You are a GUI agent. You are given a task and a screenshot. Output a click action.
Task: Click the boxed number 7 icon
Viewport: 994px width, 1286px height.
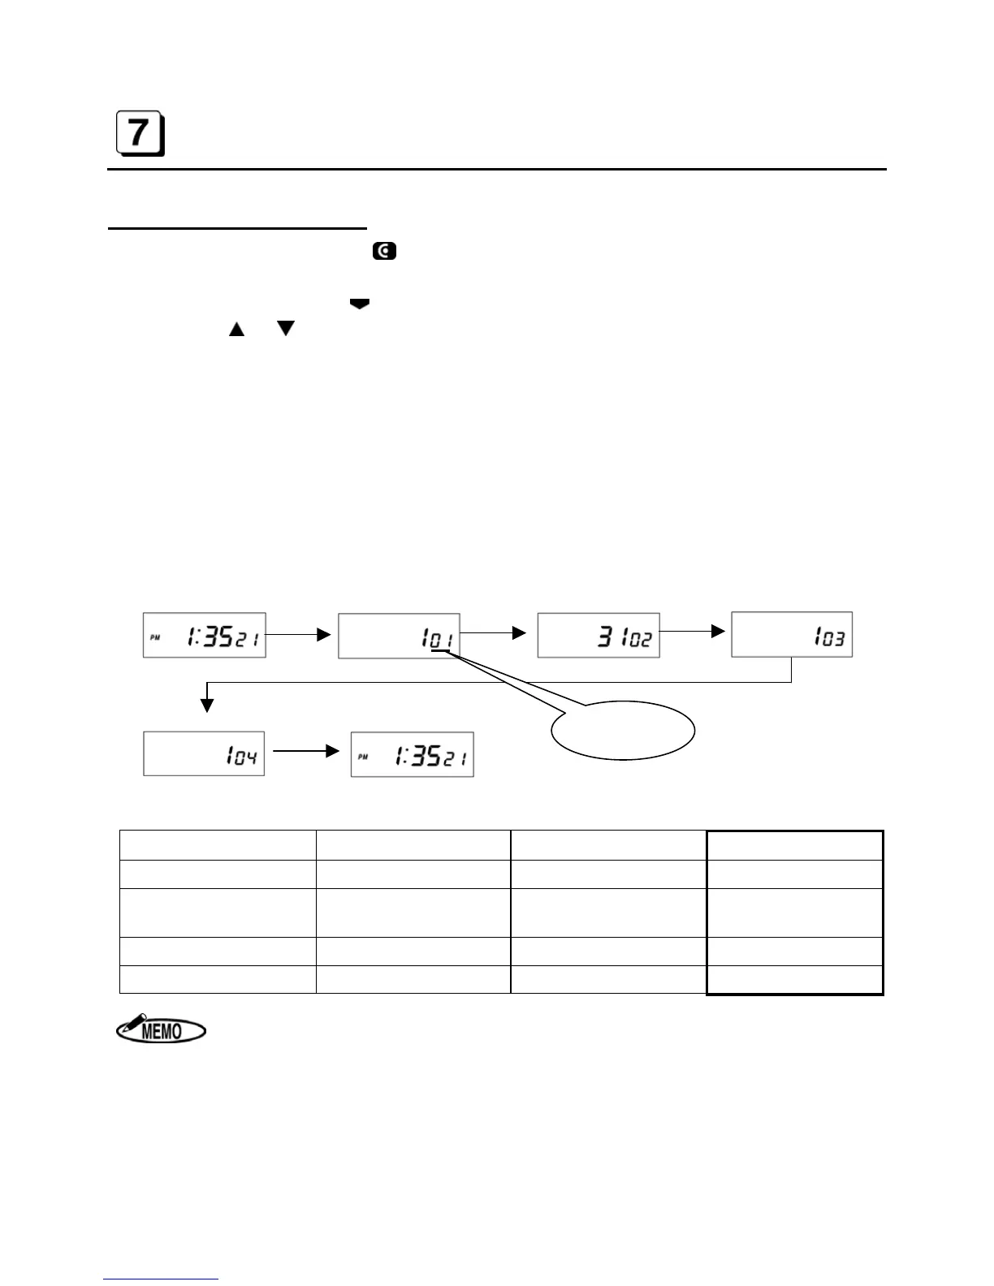coord(140,133)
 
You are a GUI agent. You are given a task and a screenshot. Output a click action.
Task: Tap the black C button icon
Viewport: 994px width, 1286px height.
coord(384,252)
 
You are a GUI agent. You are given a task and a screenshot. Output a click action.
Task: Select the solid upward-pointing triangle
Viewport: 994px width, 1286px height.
coord(236,329)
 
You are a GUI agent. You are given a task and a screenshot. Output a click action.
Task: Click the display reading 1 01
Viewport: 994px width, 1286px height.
coord(399,635)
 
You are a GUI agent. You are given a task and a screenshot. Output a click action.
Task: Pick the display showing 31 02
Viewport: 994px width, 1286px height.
coord(599,635)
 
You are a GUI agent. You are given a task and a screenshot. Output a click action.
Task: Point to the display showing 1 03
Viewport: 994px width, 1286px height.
coord(792,634)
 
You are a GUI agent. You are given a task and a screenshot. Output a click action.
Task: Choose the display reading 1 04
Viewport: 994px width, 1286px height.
coord(204,753)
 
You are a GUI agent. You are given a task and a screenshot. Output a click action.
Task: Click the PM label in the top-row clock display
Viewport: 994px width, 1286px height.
coord(154,638)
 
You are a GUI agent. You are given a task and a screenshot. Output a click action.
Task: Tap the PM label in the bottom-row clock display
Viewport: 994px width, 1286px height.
coord(362,757)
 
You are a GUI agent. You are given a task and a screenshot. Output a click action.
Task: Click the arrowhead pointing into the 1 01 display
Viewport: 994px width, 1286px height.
coord(324,635)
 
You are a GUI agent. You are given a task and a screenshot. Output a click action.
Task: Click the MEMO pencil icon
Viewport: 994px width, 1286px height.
coord(161,1029)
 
